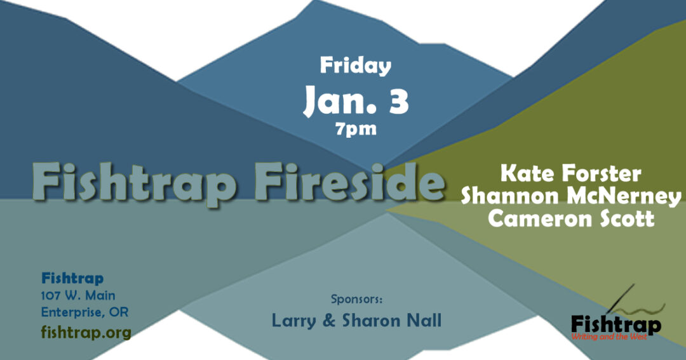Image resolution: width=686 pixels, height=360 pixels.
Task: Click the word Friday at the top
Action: coord(355,65)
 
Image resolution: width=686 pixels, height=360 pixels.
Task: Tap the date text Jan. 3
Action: coord(356,100)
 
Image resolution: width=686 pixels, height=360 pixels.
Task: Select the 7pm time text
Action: coord(356,129)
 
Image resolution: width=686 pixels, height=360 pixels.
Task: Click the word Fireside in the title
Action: coord(349,182)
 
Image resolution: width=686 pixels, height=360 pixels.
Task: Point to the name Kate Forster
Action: coord(571,173)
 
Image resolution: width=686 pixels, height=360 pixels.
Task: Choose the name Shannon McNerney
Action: coord(571,196)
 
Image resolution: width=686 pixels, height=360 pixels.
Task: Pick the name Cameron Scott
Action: coord(571,218)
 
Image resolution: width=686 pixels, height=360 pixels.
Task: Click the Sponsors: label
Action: coord(356,300)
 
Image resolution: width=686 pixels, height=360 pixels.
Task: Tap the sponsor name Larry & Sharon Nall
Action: coord(356,321)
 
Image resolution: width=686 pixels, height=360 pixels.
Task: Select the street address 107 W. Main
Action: coord(78,296)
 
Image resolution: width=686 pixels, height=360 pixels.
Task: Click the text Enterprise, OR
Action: coord(85,312)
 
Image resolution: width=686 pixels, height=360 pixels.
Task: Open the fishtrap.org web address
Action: coord(86,333)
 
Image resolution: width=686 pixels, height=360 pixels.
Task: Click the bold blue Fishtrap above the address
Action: coord(72,278)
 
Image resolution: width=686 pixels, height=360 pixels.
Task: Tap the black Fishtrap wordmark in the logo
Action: coord(616,325)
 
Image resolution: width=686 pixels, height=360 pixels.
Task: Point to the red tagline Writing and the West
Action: coord(609,337)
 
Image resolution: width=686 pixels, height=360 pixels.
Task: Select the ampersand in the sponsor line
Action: coord(328,321)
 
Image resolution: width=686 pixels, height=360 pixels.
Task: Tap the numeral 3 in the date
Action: coord(398,100)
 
